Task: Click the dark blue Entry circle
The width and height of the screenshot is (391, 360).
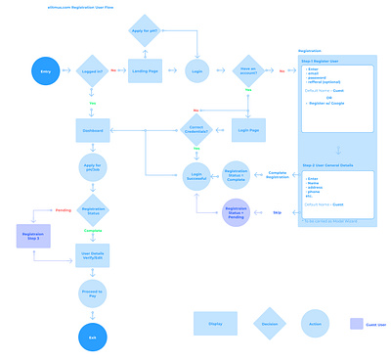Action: click(x=45, y=70)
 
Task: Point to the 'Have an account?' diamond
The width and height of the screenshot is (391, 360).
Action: click(x=248, y=70)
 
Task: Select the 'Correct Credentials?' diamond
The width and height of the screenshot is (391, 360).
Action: click(x=197, y=129)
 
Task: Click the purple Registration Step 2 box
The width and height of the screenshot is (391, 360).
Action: click(x=32, y=236)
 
